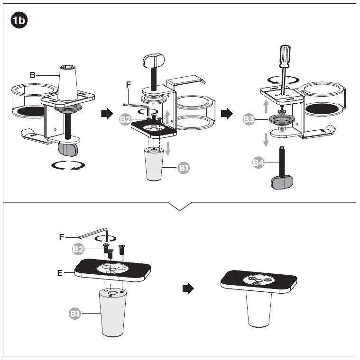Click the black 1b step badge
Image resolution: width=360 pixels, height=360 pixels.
[19, 20]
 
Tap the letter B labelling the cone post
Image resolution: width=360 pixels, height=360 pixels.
[32, 75]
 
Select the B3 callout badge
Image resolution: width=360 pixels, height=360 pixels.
[249, 119]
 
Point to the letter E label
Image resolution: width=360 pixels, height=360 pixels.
[59, 273]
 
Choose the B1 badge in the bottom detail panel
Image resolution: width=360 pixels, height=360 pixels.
[76, 314]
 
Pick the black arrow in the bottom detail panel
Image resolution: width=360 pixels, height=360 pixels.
[188, 289]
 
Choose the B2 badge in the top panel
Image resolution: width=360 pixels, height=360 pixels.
[126, 119]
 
